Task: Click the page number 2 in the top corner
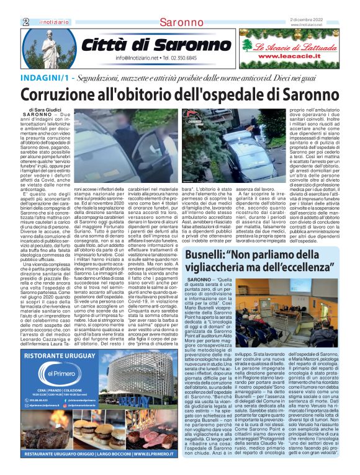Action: (25, 22)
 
